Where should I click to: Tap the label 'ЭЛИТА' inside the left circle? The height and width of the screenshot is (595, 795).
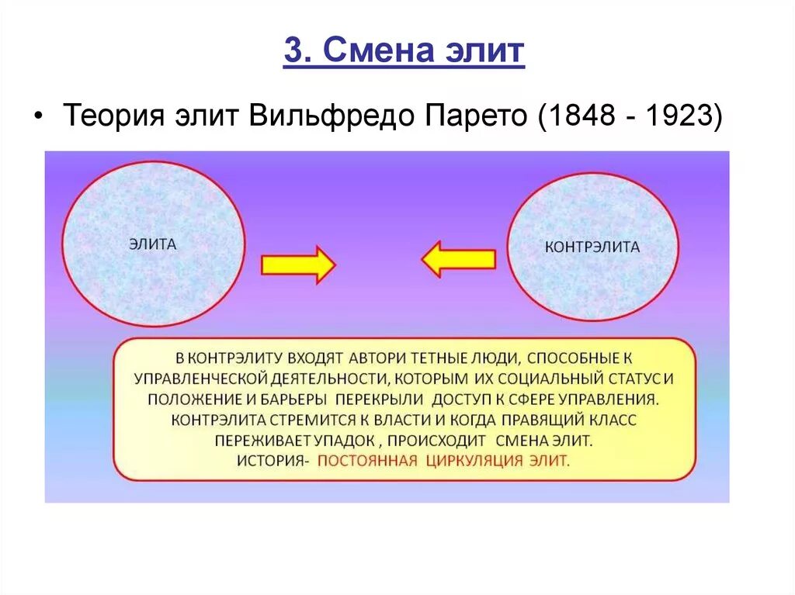(x=153, y=244)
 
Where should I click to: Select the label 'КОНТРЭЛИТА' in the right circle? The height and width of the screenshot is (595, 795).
(x=592, y=247)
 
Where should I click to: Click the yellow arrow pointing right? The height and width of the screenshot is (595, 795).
(x=298, y=265)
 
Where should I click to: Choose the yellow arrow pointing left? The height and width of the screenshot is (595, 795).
(x=459, y=259)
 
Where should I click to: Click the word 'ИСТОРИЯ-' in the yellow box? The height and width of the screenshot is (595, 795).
(x=273, y=460)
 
